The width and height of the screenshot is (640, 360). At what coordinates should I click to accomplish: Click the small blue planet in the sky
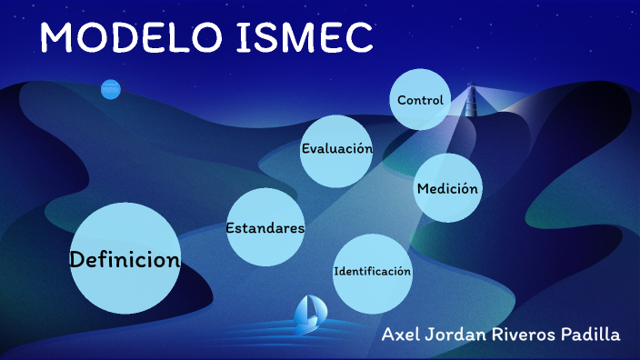pyautogui.click(x=110, y=89)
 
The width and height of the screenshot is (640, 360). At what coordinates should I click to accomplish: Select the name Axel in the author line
pyautogui.click(x=402, y=335)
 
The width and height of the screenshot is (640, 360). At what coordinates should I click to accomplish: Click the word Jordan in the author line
pyautogui.click(x=459, y=335)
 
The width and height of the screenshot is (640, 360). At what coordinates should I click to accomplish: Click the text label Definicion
pyautogui.click(x=125, y=260)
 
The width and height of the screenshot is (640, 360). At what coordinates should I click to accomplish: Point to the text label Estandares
pyautogui.click(x=265, y=228)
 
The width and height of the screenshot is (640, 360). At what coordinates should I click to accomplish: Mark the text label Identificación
pyautogui.click(x=373, y=271)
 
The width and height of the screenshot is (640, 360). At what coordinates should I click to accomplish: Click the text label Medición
pyautogui.click(x=447, y=189)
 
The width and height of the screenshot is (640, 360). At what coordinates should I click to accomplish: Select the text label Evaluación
pyautogui.click(x=337, y=148)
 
